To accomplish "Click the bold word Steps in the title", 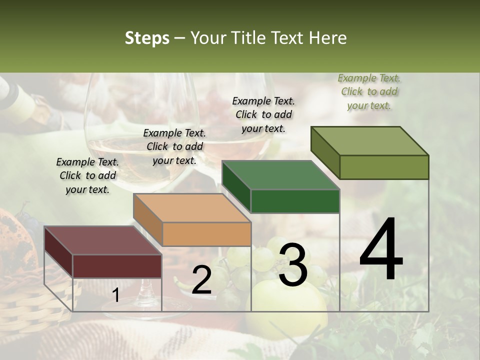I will (x=147, y=38).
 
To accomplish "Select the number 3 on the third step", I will (x=292, y=265).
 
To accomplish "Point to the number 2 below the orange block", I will (x=201, y=280).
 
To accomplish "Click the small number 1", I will (x=115, y=295).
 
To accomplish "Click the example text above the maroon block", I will (x=87, y=175).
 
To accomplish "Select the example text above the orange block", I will (x=174, y=146).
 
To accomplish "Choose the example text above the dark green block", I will (x=263, y=114).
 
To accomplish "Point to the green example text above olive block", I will (x=369, y=91).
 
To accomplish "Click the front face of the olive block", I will (x=384, y=167).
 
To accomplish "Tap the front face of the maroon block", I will (x=117, y=266).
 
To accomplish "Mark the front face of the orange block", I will (x=206, y=234).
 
